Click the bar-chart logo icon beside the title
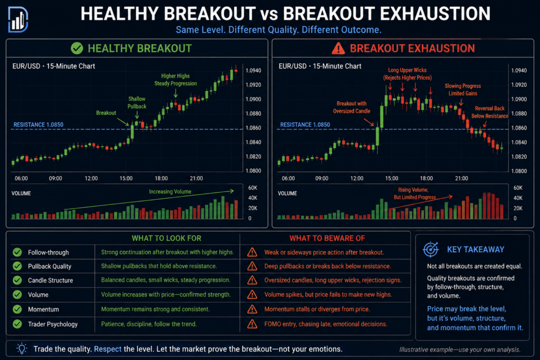[x=17, y=20]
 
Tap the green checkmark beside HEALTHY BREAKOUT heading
[x=77, y=48]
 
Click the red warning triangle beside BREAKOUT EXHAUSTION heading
[x=338, y=48]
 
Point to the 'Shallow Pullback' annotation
[x=137, y=103]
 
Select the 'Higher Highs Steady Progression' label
[x=176, y=80]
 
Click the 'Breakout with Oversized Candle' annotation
[x=352, y=107]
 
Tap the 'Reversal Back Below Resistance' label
[x=490, y=112]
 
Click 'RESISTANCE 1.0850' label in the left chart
[x=38, y=124]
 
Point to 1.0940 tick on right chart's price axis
[x=519, y=71]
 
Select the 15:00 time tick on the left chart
[x=126, y=178]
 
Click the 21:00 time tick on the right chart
[x=461, y=178]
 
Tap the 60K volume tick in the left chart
[x=253, y=188]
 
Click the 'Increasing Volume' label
[x=170, y=192]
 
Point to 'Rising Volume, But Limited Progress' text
[x=414, y=193]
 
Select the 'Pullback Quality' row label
[x=50, y=266]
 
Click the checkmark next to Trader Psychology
[x=17, y=324]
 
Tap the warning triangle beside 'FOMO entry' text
[x=252, y=324]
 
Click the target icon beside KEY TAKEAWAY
[x=430, y=249]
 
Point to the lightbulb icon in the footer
[x=22, y=348]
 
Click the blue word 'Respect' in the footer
[x=108, y=349]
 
